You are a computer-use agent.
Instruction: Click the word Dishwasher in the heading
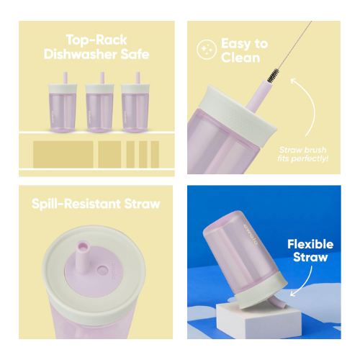(x=81, y=55)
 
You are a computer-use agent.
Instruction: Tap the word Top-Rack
(x=96, y=40)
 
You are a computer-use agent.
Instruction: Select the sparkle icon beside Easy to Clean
(x=207, y=50)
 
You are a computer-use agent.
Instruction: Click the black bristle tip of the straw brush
(x=273, y=76)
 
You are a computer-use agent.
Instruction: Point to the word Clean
(x=240, y=58)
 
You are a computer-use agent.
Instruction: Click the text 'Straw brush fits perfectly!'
(x=303, y=154)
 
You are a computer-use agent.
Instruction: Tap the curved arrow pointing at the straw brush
(x=308, y=106)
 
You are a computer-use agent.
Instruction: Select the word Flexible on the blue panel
(x=310, y=244)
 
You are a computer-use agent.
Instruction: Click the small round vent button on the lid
(x=103, y=271)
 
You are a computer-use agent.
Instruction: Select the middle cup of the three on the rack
(x=99, y=102)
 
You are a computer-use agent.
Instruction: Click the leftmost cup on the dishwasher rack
(x=63, y=102)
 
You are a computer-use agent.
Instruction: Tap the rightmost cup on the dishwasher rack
(x=135, y=102)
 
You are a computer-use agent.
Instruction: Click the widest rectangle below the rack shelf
(x=63, y=154)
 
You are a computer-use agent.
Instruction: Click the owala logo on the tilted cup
(x=251, y=235)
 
